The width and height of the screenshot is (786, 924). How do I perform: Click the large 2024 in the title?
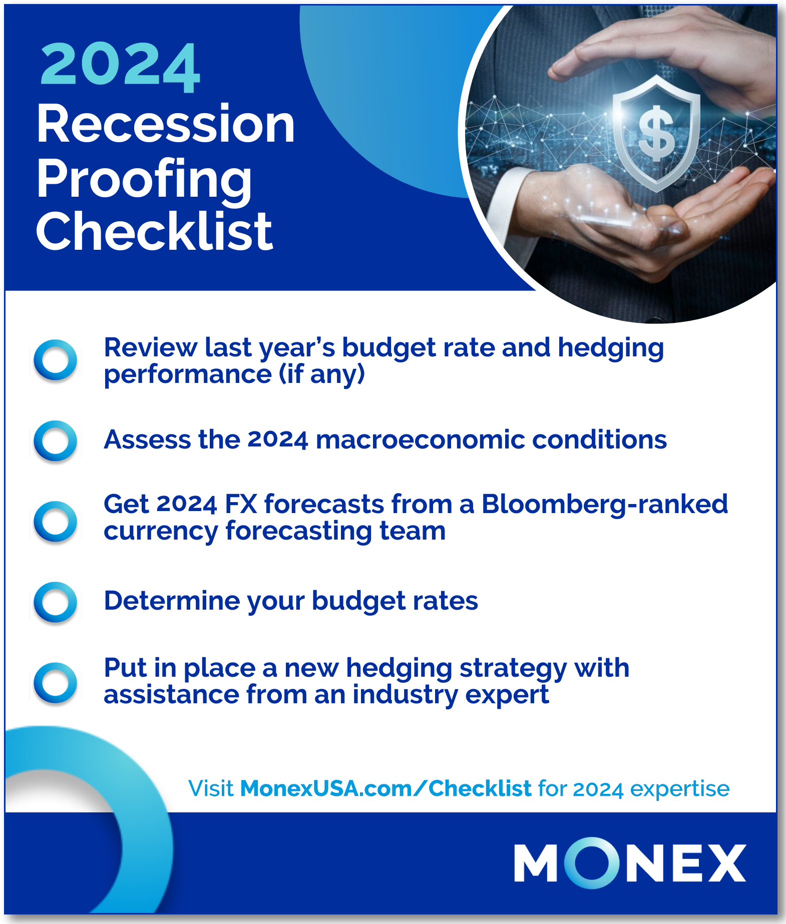point(120,68)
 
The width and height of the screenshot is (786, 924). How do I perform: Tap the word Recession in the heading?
point(166,124)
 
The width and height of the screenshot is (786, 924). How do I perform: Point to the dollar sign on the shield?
point(656,134)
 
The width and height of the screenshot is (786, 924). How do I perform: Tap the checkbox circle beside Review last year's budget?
point(56,360)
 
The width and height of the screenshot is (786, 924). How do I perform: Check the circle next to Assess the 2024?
point(56,441)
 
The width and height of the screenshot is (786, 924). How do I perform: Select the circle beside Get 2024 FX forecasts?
point(56,522)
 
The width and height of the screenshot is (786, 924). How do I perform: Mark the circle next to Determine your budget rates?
point(56,602)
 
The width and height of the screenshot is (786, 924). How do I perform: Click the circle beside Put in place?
point(56,683)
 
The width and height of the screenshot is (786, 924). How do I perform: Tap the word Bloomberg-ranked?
point(605,505)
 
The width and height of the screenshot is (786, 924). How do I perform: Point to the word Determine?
point(172,601)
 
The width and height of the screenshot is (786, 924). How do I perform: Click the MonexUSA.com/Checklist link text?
point(385,788)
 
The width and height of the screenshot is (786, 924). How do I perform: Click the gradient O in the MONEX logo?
point(592,862)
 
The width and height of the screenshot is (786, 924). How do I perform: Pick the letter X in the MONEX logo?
point(724,863)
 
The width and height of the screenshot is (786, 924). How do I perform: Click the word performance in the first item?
point(188,375)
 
